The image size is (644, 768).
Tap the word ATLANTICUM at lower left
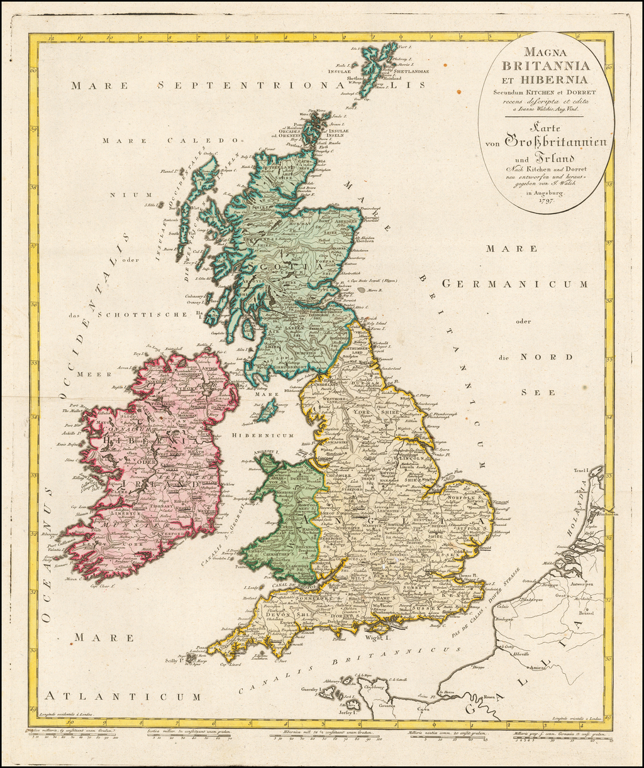[123, 696]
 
